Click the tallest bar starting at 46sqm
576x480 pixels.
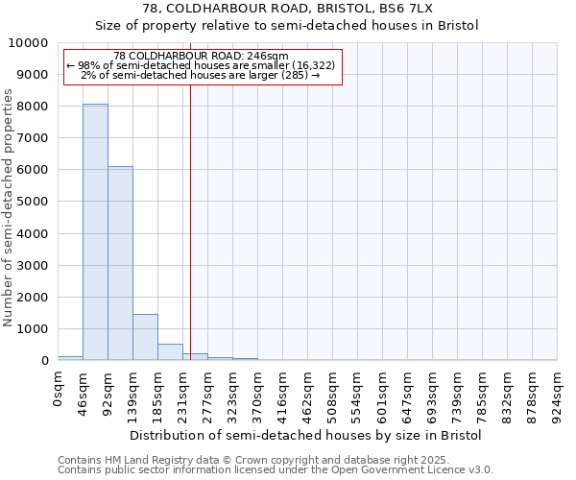point(95,231)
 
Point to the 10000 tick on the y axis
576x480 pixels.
point(31,43)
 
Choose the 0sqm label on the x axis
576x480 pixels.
point(58,387)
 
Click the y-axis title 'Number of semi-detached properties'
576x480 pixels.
point(9,207)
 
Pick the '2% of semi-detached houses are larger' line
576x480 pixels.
point(200,75)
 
